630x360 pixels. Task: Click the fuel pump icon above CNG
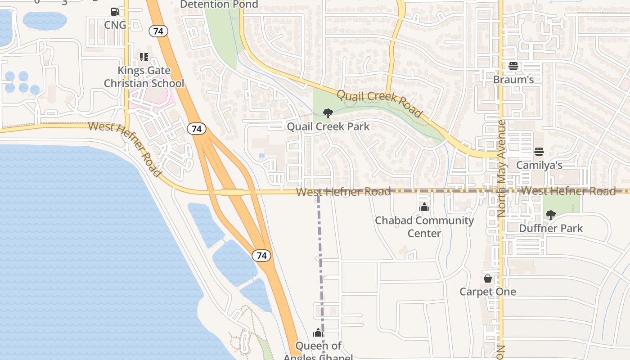tap(115, 12)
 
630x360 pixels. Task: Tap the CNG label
tap(115, 25)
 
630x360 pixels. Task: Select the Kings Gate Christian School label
tap(144, 77)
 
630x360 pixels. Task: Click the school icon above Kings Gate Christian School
tap(144, 57)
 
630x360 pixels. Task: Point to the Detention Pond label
tap(219, 4)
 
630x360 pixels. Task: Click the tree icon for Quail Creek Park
tap(328, 113)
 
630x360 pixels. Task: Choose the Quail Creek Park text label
tap(328, 126)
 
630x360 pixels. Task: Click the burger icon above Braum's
tap(513, 66)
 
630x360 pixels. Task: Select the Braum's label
tap(513, 80)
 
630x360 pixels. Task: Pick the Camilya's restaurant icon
tap(539, 152)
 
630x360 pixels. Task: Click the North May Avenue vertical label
tap(502, 168)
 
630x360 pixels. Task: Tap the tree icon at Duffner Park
tap(550, 215)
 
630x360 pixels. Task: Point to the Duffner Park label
tap(551, 228)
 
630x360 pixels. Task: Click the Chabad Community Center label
tap(424, 227)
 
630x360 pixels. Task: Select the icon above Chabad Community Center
tap(424, 207)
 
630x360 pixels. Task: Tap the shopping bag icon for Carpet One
tap(488, 279)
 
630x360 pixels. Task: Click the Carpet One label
tap(488, 292)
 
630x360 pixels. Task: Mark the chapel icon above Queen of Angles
tap(318, 333)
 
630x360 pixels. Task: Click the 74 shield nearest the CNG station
tap(158, 31)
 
